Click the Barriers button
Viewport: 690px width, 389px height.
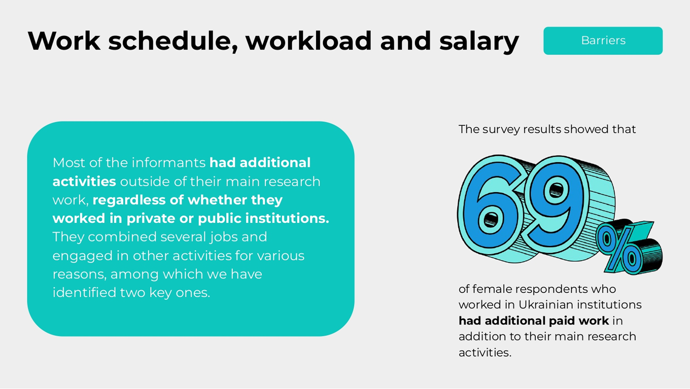click(x=603, y=41)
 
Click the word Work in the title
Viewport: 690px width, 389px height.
click(x=64, y=41)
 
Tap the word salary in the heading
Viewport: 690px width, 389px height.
click(x=479, y=42)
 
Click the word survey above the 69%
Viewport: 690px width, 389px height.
click(x=501, y=130)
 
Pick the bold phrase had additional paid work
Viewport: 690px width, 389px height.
click(x=533, y=321)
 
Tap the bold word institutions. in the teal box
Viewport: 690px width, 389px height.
click(x=287, y=219)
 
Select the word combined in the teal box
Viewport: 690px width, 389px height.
click(x=122, y=237)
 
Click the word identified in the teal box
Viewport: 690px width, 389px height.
click(x=84, y=293)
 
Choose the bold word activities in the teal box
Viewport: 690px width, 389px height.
click(x=84, y=181)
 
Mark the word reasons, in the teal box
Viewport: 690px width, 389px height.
click(x=79, y=274)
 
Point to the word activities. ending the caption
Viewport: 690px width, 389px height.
click(x=485, y=353)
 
